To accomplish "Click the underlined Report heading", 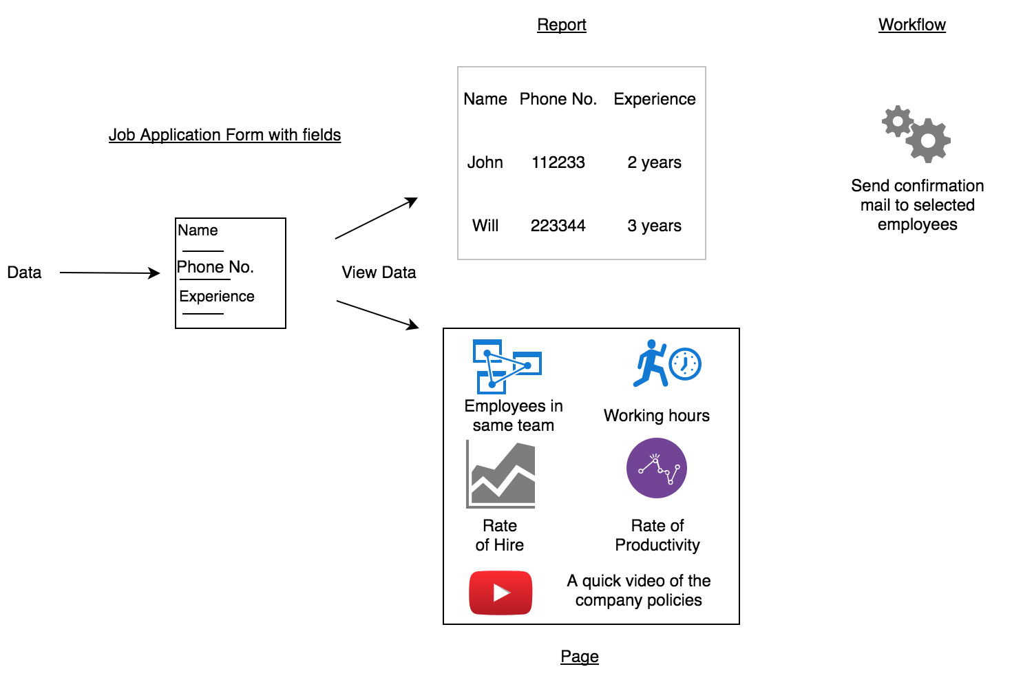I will pos(561,25).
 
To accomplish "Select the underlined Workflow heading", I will pos(911,25).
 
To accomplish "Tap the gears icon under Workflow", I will pos(916,134).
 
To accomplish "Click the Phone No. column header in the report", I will pos(558,99).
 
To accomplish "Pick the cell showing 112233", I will pos(558,162).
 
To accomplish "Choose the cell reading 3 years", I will pos(654,226).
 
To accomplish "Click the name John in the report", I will pos(485,162).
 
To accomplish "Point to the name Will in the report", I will pos(485,226).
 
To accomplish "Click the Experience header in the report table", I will pos(654,99).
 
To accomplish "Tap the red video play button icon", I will pos(500,592).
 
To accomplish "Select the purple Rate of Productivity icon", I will pos(656,468).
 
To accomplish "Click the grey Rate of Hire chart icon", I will pos(500,474).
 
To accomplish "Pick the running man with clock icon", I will pos(666,363).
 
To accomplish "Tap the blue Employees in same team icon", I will pos(507,366).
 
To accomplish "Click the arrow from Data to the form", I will pos(110,273).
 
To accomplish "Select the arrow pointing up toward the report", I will pos(376,218).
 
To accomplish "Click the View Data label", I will pos(379,273).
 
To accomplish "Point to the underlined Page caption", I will pos(579,657).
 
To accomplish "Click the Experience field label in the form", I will pos(217,297).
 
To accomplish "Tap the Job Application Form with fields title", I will pos(224,135).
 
